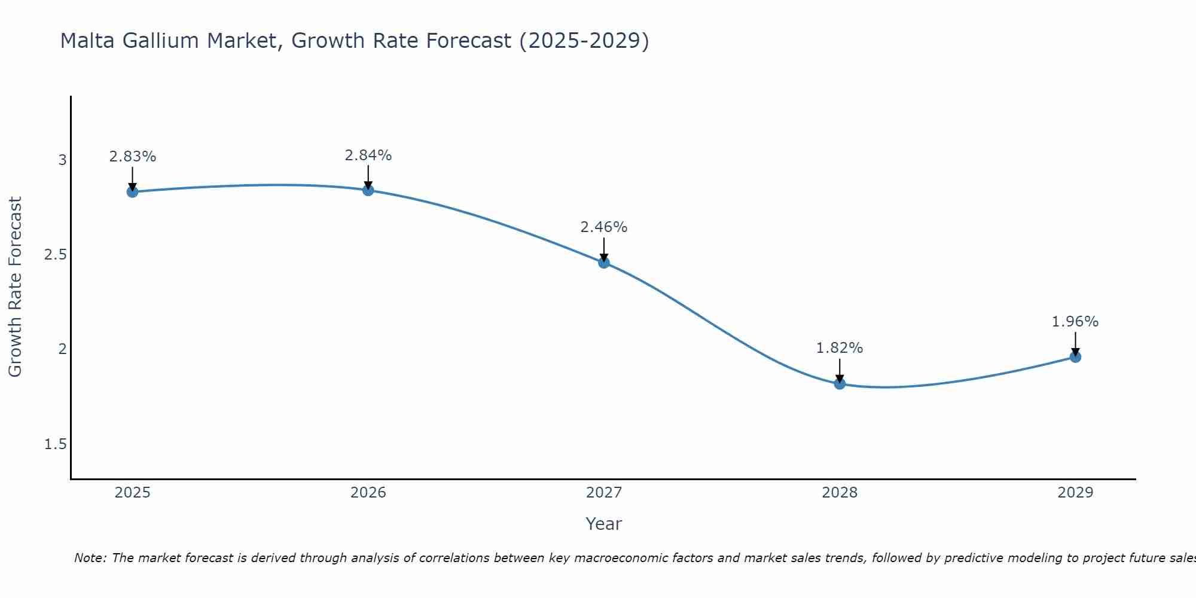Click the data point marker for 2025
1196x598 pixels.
132,192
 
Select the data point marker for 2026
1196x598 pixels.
368,190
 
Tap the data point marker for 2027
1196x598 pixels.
604,262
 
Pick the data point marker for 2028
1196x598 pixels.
840,383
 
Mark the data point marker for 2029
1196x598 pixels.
1075,357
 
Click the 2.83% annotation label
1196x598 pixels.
132,157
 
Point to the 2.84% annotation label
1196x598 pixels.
368,155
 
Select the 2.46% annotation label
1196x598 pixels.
604,227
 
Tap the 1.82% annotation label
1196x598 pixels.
840,348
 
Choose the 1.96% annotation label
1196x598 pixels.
1075,322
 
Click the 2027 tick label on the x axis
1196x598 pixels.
604,493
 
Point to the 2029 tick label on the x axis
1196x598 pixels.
1075,493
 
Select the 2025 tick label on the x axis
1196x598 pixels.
132,493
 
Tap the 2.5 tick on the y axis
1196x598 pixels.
56,255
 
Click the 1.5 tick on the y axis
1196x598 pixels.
56,444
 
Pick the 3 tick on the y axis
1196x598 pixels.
62,160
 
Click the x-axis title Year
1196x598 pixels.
604,524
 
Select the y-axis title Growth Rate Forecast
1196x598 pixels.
16,287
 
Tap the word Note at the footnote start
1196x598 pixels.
90,558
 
